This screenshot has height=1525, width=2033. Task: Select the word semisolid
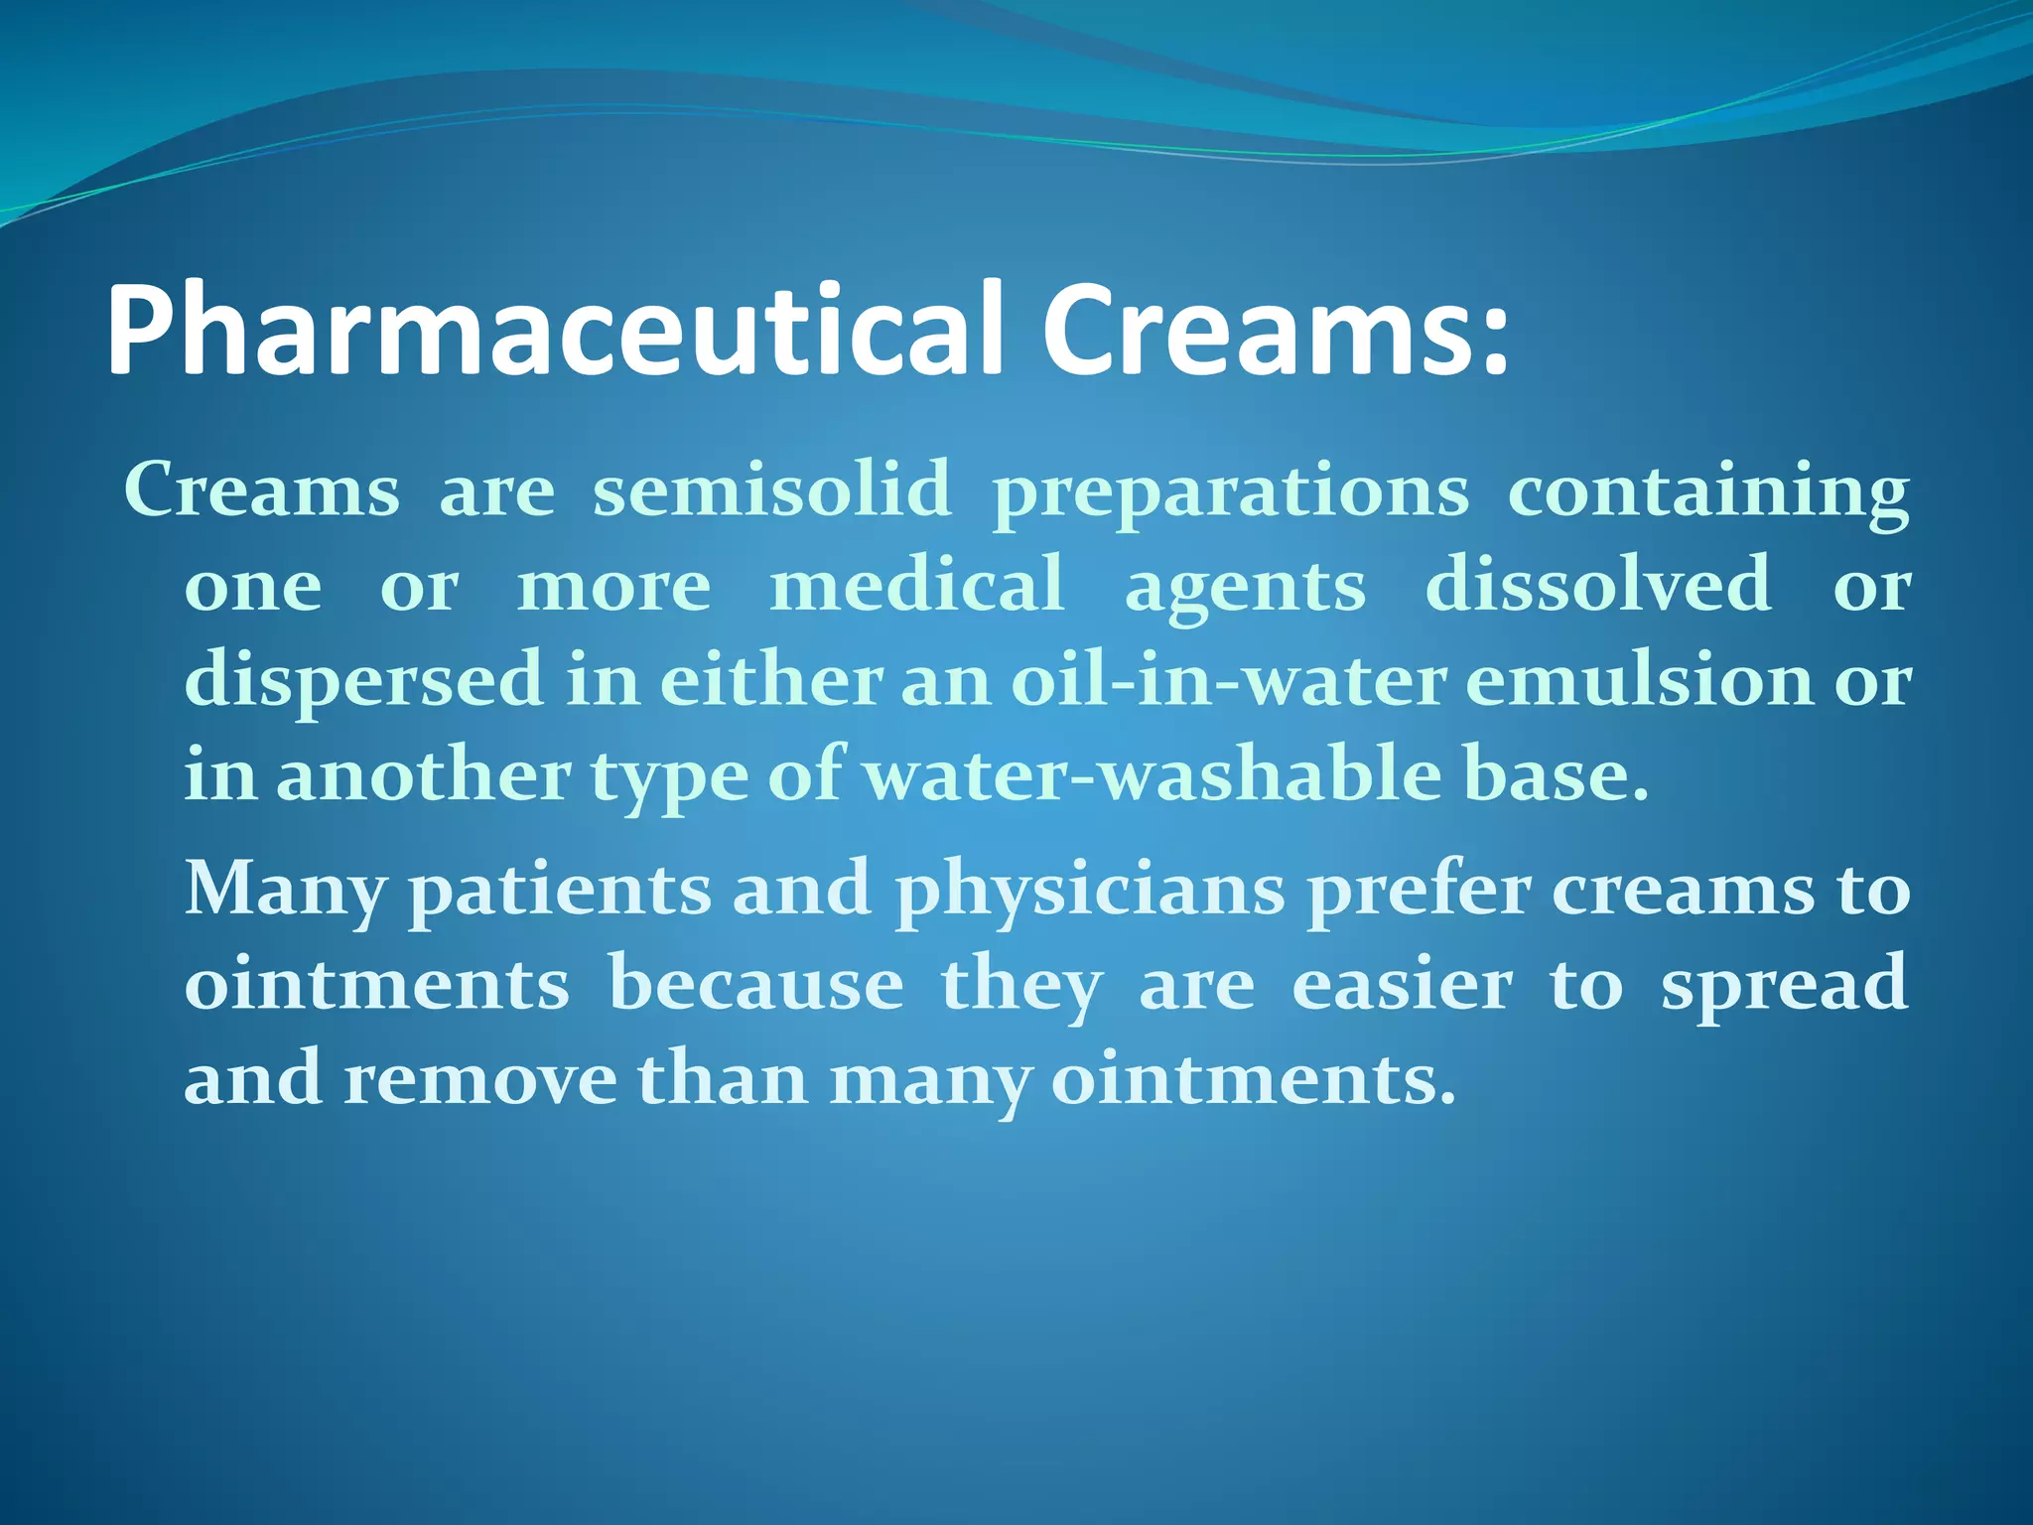point(771,490)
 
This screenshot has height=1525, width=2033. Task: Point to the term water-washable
point(1152,775)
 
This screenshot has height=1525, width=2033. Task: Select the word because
point(756,984)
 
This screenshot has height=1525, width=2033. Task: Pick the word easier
point(1402,984)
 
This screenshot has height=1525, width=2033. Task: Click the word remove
point(480,1079)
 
